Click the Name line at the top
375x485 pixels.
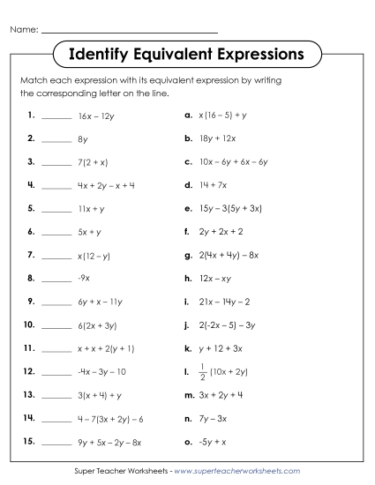130,31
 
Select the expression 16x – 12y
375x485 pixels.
98,116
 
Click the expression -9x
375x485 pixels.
85,278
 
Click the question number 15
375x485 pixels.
29,417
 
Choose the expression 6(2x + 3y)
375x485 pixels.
99,325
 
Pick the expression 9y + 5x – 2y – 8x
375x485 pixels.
109,417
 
